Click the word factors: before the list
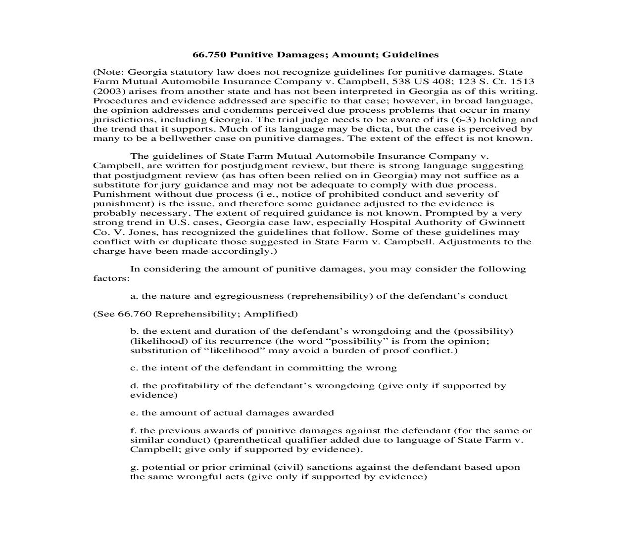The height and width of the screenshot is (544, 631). click(x=111, y=278)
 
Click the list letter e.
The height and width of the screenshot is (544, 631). click(x=133, y=413)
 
